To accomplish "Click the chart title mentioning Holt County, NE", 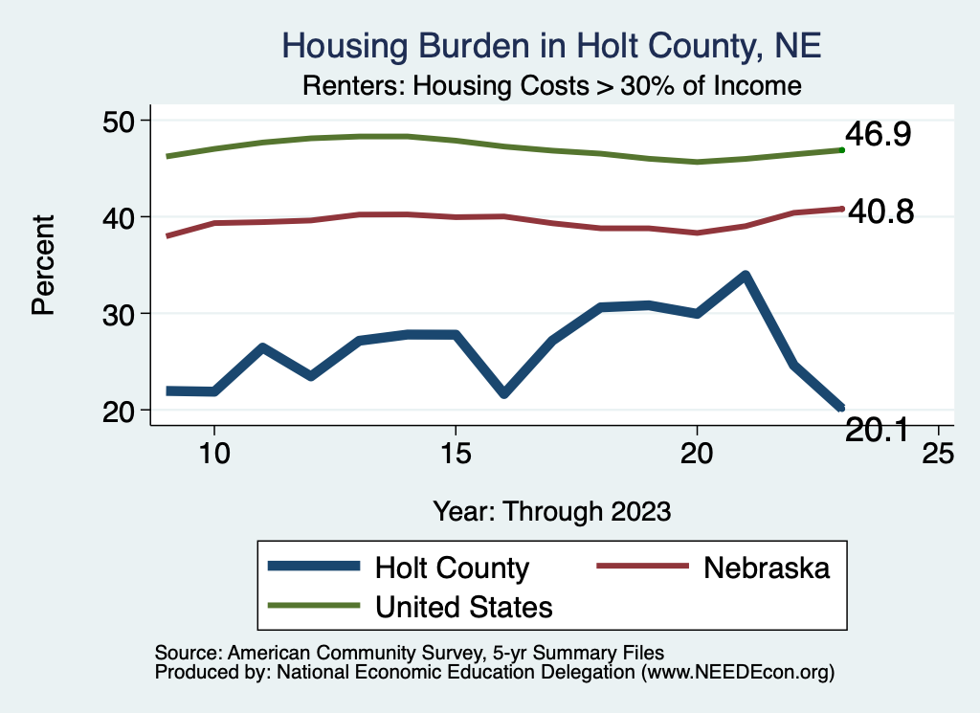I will tap(551, 45).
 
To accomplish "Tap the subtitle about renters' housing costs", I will tap(551, 85).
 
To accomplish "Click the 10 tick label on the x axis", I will tap(213, 453).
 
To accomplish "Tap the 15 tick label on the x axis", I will tap(455, 453).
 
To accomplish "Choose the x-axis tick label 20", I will tap(697, 453).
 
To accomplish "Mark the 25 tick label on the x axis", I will tap(938, 453).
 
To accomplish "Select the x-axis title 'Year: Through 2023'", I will tap(551, 510).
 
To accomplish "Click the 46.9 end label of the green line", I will tap(877, 135).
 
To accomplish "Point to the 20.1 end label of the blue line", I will tap(878, 432).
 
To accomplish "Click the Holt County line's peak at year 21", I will tap(745, 276).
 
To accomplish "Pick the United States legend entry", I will tap(464, 606).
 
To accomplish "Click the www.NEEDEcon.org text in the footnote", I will tap(738, 672).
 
